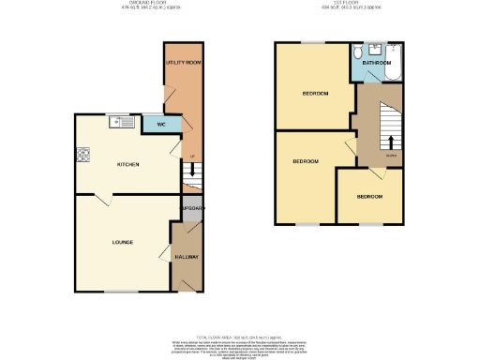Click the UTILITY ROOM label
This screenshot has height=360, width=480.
click(x=184, y=62)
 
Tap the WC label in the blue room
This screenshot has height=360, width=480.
click(x=161, y=124)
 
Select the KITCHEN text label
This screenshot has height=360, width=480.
click(x=127, y=164)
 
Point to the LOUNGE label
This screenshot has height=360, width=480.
click(x=123, y=242)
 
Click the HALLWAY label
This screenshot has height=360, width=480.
click(x=187, y=256)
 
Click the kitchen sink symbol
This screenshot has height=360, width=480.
click(x=119, y=120)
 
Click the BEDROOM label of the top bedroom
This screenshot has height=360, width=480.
click(x=314, y=94)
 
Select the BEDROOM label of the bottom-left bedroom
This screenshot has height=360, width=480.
click(x=306, y=161)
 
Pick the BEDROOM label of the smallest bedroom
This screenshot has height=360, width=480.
click(x=369, y=197)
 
